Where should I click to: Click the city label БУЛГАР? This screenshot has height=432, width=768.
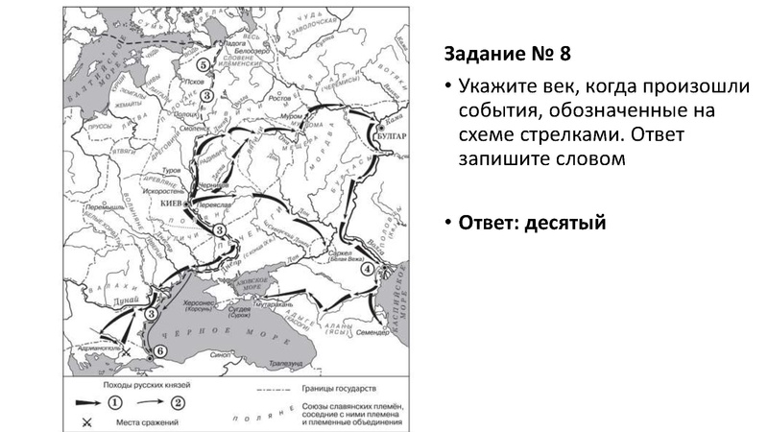pos(393,137)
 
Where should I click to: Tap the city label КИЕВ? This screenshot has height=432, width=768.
pos(171,204)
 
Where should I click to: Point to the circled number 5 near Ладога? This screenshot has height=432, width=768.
pos(203,64)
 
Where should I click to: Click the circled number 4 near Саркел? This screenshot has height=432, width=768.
pos(367,269)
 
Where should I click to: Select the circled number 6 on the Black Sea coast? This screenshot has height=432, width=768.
pos(159,351)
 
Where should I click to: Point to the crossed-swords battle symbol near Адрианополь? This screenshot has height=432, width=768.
pos(126,352)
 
